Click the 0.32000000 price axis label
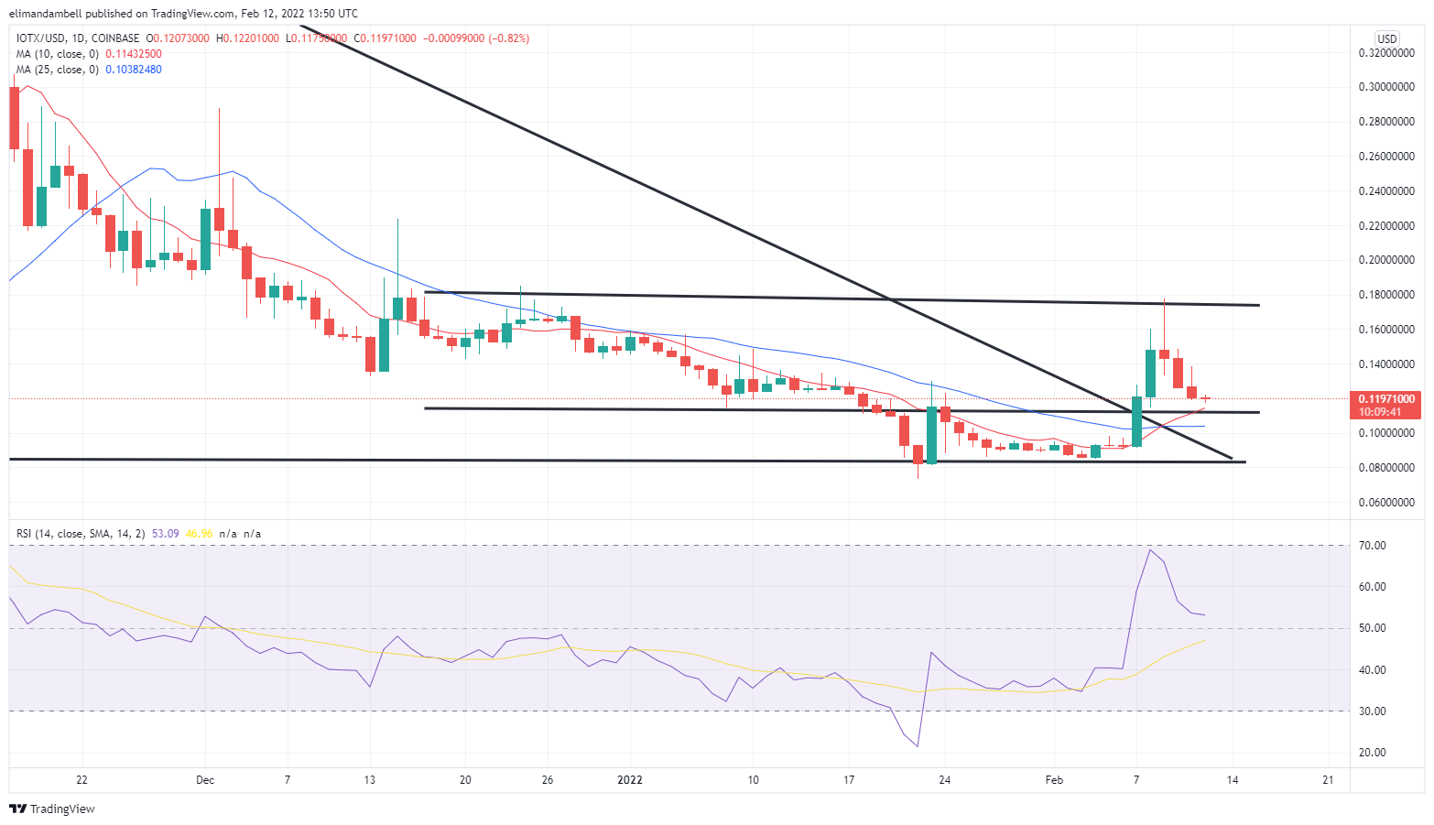1387,53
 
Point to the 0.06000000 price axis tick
1387,503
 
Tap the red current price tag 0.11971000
1386,399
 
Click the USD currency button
1387,38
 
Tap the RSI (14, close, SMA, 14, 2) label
81,533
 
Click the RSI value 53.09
166,533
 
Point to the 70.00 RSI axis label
1373,546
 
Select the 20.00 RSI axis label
1373,753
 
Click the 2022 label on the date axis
630,780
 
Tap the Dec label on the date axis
205,780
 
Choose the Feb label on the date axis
1054,780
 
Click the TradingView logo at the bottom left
52,809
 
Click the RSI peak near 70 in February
1149,549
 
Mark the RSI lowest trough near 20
917,745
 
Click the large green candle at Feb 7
1136,421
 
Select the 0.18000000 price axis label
1387,295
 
